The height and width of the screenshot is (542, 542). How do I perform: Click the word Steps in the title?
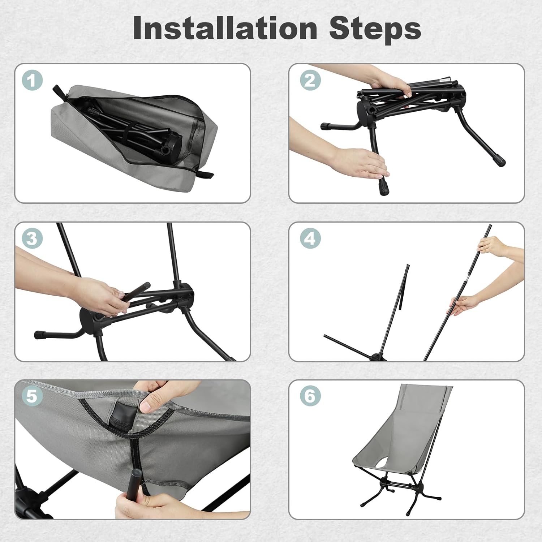(x=375, y=29)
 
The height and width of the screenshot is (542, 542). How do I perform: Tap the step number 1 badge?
(x=33, y=80)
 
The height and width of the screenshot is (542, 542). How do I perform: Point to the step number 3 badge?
(x=33, y=238)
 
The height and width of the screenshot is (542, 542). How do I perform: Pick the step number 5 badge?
(x=33, y=396)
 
